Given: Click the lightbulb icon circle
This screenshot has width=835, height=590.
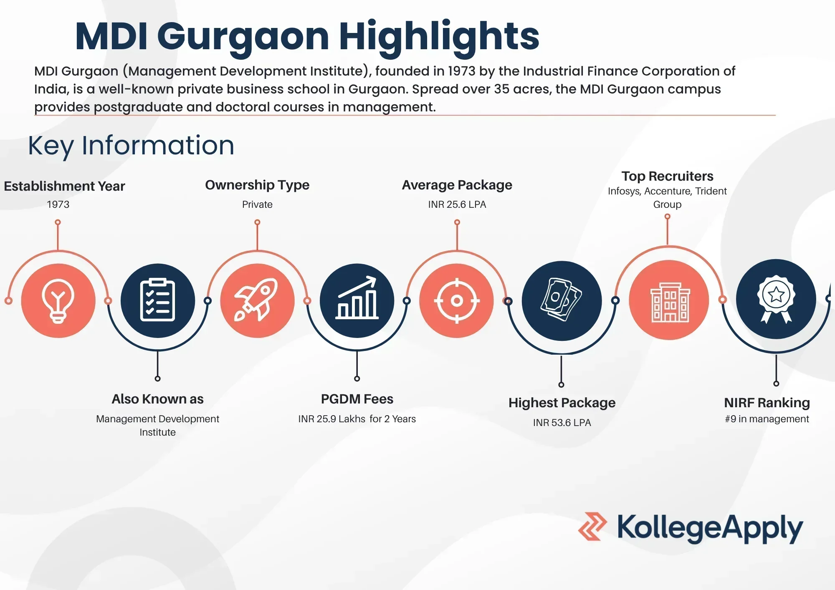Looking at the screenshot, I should (x=58, y=300).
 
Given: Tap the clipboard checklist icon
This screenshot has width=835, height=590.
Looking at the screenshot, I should (x=157, y=300).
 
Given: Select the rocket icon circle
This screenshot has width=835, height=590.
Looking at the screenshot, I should (x=257, y=300).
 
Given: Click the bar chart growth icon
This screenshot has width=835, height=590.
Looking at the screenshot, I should (x=357, y=300).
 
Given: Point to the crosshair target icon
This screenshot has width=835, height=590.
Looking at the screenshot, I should (x=457, y=300).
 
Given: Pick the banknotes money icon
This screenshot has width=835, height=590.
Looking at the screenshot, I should (x=562, y=300).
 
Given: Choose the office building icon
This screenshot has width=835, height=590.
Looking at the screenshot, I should (x=669, y=300).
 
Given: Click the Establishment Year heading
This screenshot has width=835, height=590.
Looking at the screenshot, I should (x=64, y=186).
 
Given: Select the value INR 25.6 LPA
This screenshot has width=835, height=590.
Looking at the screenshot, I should (x=457, y=204).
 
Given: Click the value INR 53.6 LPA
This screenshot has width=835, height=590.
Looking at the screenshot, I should (x=562, y=423).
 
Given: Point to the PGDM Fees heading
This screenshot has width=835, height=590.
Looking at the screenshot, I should (x=357, y=399).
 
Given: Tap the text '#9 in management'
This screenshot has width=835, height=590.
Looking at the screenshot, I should (x=767, y=419).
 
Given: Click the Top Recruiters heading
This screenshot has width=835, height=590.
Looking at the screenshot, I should (x=667, y=176).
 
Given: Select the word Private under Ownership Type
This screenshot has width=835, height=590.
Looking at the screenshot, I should (x=257, y=204).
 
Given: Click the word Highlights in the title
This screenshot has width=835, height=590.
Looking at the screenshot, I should (x=439, y=37).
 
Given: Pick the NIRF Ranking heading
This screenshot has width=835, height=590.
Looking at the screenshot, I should (x=767, y=403).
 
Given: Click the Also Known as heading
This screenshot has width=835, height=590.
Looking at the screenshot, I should (x=157, y=399).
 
